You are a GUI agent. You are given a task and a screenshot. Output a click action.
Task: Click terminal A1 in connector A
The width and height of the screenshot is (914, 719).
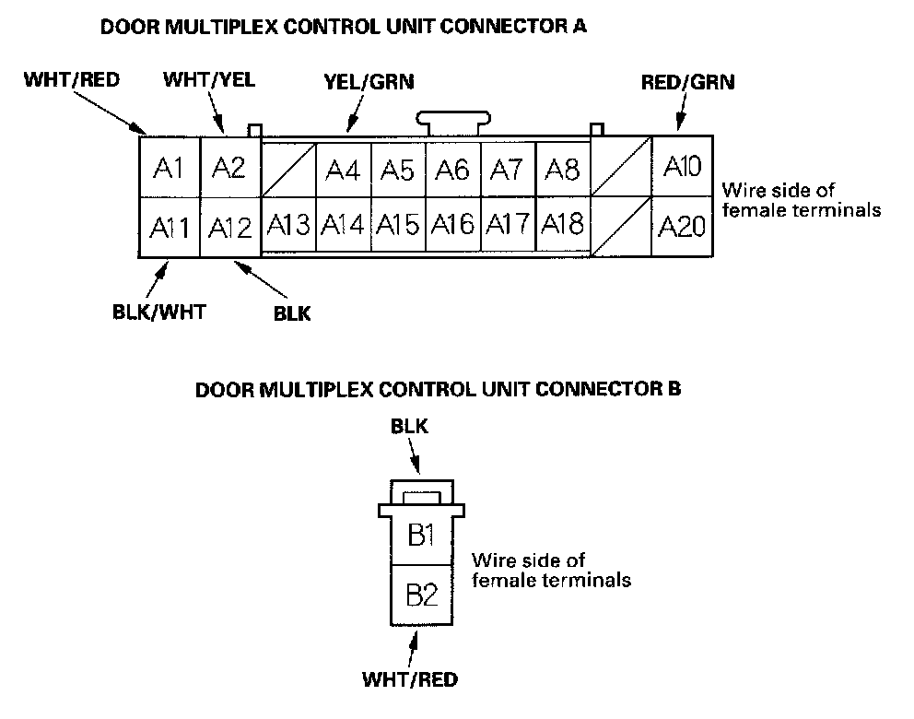pos(169,168)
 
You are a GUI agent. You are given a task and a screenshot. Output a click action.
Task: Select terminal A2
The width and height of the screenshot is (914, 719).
pos(228,168)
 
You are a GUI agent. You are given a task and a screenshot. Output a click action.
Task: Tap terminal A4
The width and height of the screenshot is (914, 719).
pos(343,171)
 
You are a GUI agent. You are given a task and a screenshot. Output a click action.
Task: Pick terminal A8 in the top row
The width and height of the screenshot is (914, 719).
pos(561,171)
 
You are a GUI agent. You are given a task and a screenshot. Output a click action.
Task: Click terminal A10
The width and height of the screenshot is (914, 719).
pos(683,167)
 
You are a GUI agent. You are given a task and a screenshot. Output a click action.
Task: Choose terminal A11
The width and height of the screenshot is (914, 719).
pos(169,227)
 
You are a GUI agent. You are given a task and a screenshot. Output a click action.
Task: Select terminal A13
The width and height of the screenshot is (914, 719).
pos(289,224)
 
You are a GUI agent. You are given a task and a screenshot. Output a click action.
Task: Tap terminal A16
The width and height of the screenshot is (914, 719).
pos(452,224)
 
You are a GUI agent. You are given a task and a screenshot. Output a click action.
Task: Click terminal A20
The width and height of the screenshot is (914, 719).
pos(683,227)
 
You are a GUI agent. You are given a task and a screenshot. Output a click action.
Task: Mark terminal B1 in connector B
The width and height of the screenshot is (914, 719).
pos(421,536)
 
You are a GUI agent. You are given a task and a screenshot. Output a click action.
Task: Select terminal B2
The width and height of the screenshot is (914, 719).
pos(421,595)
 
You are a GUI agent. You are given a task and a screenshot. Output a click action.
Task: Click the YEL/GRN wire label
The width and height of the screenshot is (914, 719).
pos(369,82)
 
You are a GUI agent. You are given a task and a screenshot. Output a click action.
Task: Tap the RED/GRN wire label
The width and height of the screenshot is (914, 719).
pos(687,82)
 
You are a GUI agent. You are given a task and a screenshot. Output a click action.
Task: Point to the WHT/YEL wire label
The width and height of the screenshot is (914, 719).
pos(209,79)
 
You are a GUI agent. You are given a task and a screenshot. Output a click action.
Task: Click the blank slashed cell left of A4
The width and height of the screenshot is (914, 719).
pos(288,170)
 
